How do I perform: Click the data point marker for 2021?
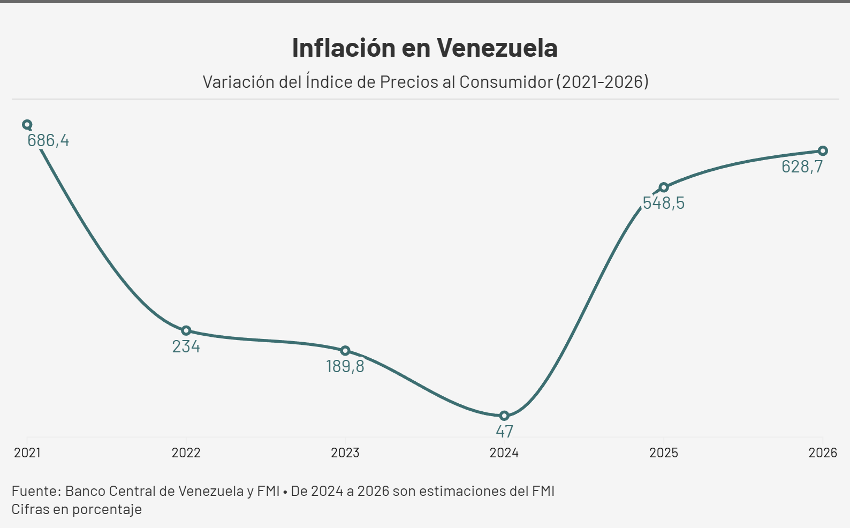(27, 125)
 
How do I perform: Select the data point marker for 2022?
(186, 330)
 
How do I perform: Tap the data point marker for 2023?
(345, 351)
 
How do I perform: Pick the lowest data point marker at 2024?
(504, 416)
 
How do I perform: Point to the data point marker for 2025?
(664, 187)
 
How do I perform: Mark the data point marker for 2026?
(823, 151)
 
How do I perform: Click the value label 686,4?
(48, 141)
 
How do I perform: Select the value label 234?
(186, 347)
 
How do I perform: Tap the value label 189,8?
(345, 367)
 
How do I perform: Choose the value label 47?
(504, 431)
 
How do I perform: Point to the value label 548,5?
(664, 203)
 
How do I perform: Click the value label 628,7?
(802, 167)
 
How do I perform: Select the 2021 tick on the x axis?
(27, 453)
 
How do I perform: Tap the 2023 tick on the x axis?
(345, 453)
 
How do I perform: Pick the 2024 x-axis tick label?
(504, 453)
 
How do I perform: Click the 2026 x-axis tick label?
(823, 453)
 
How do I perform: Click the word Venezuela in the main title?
(497, 48)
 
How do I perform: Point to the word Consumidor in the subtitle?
(506, 82)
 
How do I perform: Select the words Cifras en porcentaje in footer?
(77, 509)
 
